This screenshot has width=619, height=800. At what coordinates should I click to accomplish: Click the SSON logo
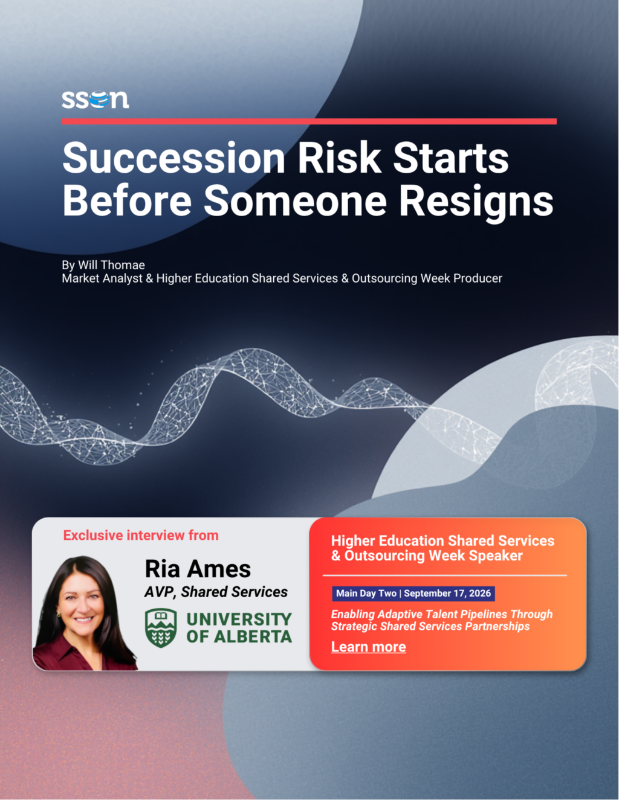(95, 100)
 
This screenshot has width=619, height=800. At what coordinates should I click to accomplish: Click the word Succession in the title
(173, 158)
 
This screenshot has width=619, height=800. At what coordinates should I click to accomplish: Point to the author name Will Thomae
(111, 264)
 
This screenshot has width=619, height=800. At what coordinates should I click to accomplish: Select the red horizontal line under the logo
(309, 121)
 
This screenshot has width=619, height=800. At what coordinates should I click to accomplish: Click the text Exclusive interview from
(141, 536)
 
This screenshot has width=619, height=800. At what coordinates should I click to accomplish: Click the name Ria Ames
(198, 569)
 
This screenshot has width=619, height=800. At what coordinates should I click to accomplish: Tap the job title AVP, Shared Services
(216, 592)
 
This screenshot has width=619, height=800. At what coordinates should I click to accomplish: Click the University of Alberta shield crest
(161, 627)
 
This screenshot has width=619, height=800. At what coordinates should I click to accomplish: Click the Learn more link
(369, 647)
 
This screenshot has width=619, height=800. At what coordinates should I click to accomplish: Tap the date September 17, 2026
(447, 593)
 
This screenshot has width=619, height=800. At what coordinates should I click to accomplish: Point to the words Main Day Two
(366, 593)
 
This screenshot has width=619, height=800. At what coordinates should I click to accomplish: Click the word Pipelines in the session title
(484, 615)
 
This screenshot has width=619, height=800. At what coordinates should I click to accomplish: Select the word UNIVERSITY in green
(239, 619)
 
